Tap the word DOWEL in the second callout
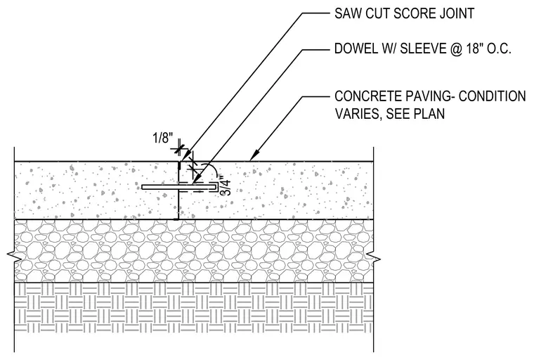click(354, 49)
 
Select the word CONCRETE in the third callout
click(367, 96)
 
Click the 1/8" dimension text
click(162, 139)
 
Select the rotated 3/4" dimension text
click(226, 186)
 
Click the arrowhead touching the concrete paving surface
click(254, 156)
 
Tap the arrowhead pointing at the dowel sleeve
click(196, 180)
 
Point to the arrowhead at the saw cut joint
click(185, 157)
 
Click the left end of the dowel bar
click(143, 187)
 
